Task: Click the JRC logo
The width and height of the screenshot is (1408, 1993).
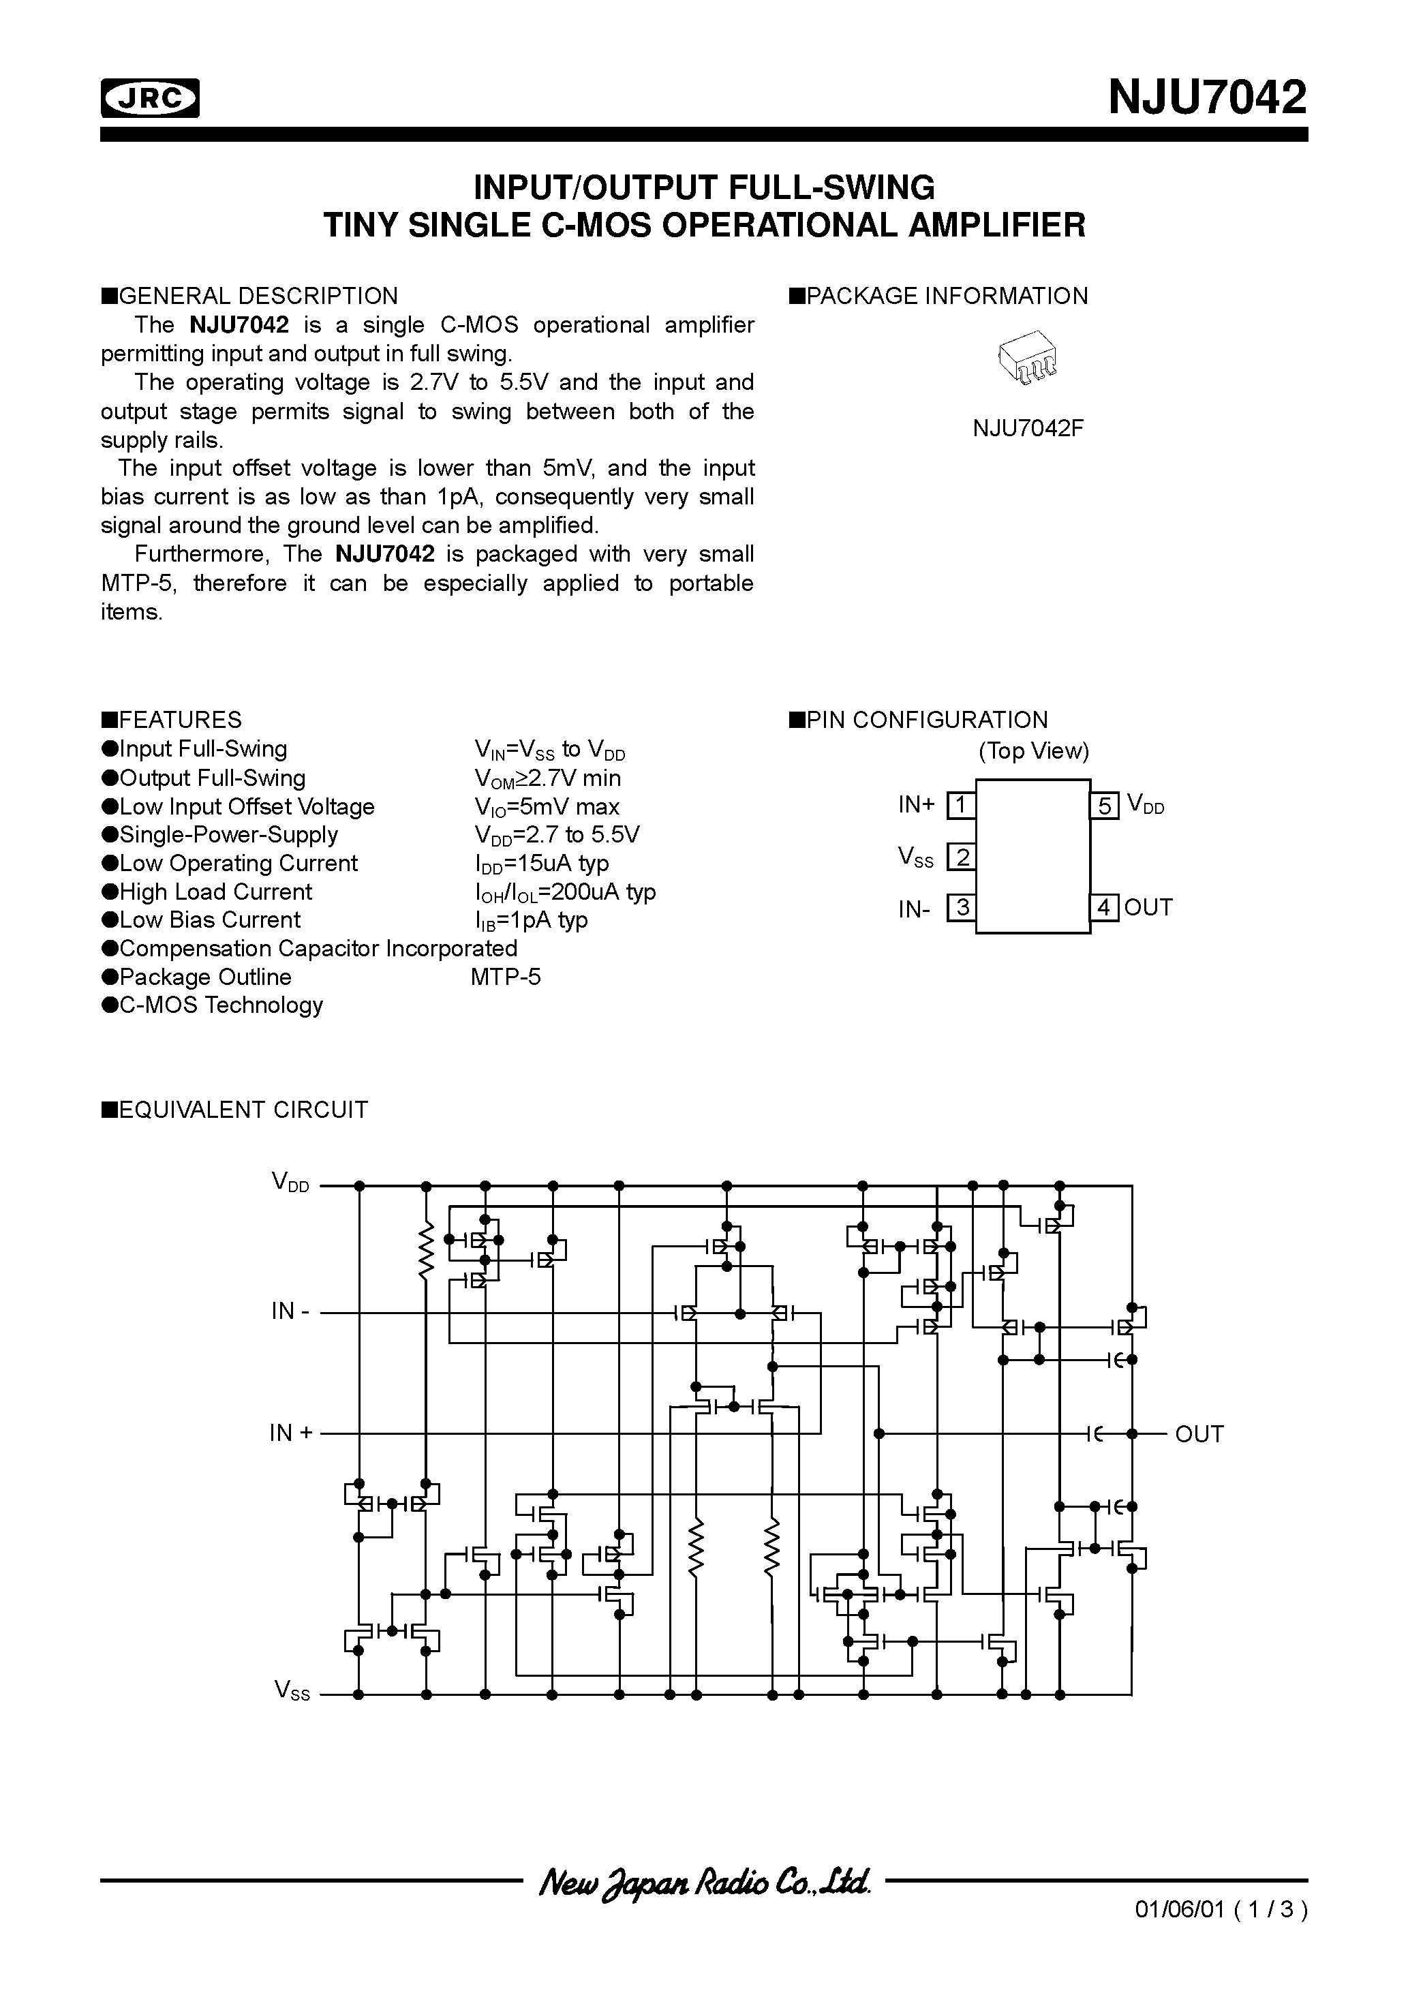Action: click(149, 98)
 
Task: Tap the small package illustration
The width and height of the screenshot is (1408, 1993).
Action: click(1028, 356)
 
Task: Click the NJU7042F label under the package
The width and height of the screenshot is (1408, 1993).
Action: click(1028, 429)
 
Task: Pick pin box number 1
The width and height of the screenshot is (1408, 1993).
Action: click(960, 806)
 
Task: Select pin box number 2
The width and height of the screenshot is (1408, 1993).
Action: click(960, 857)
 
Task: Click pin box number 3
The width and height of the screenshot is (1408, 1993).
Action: click(960, 908)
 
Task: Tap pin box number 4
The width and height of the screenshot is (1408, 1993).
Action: click(1104, 908)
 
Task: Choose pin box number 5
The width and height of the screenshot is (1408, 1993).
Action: click(1104, 806)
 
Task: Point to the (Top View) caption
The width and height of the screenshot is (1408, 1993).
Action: click(1033, 751)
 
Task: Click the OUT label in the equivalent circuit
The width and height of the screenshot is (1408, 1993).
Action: click(1198, 1434)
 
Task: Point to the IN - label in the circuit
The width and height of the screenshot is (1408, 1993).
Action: click(290, 1311)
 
